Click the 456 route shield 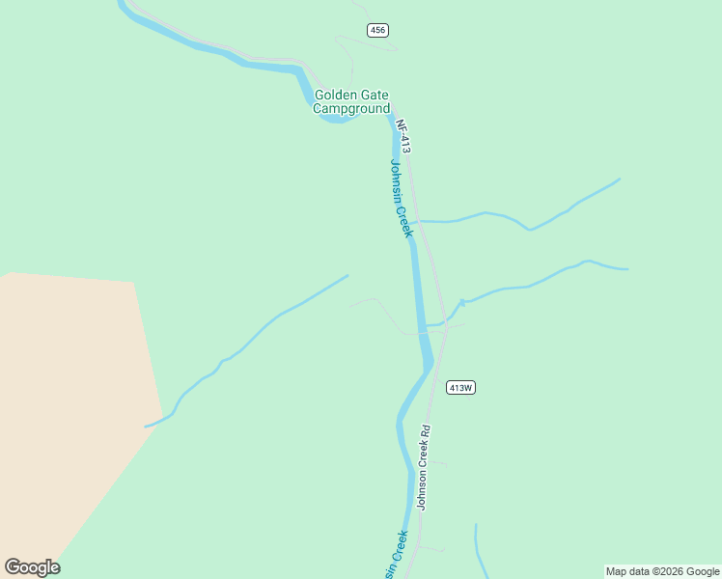[x=377, y=31]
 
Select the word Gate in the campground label [x=375, y=95]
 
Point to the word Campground [x=351, y=109]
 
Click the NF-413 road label [x=403, y=136]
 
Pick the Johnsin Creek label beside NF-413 [x=402, y=198]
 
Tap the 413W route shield [x=461, y=388]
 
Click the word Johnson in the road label [x=421, y=489]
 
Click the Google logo [x=32, y=567]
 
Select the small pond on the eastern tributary [x=462, y=303]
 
